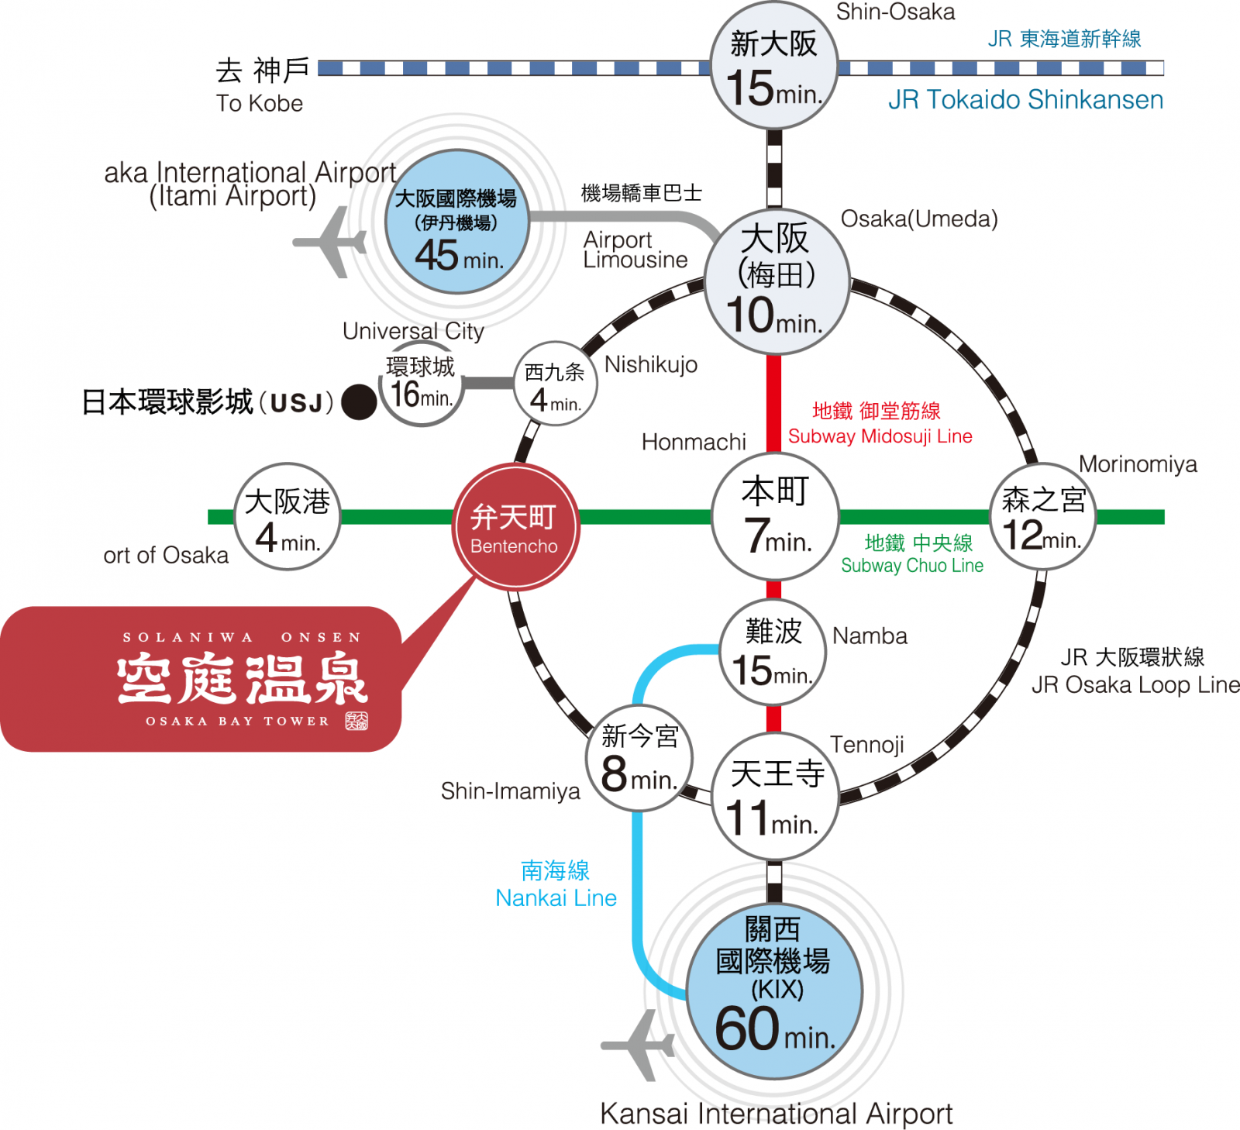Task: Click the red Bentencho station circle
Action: click(515, 527)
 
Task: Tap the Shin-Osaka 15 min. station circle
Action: click(773, 67)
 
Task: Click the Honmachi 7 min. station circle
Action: click(775, 515)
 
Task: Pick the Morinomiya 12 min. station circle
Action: click(1043, 517)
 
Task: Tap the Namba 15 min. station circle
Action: click(773, 652)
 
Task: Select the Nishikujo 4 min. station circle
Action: click(555, 384)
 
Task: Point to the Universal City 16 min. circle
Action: click(421, 384)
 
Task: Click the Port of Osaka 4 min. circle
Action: click(288, 517)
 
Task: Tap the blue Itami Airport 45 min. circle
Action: click(457, 222)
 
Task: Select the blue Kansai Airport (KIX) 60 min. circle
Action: click(773, 991)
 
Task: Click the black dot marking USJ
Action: click(359, 402)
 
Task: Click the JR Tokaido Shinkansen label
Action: click(1025, 100)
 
